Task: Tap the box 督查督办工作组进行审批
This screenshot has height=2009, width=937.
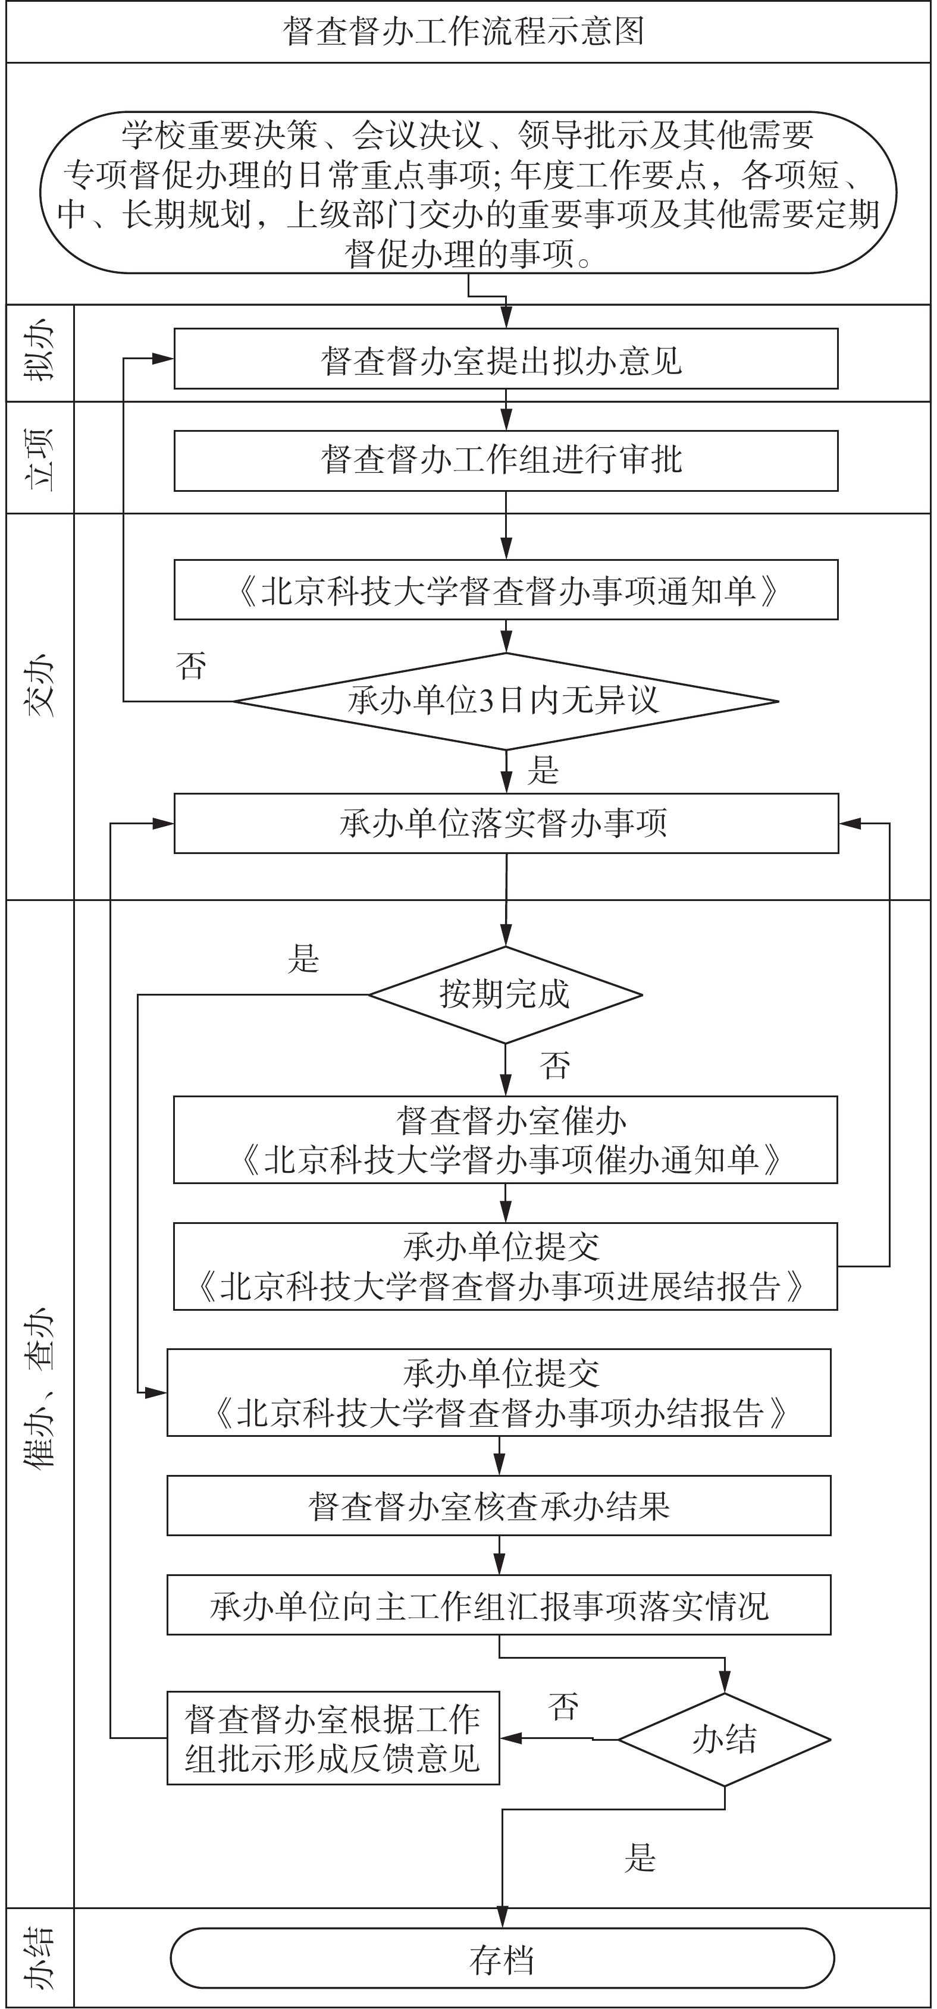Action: [x=506, y=460]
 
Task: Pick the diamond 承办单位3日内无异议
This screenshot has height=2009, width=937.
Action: [x=506, y=701]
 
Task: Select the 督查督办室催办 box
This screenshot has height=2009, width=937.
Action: [x=506, y=1140]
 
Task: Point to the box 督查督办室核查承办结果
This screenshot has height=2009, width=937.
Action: [x=499, y=1505]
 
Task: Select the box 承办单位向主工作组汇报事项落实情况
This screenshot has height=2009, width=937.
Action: [x=499, y=1605]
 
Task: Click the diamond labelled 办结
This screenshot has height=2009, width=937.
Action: [x=724, y=1738]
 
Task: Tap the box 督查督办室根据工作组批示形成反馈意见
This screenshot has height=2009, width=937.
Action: [x=333, y=1738]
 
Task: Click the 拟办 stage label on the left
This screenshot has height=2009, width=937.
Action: [x=40, y=353]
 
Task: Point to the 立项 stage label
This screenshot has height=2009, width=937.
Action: [x=40, y=458]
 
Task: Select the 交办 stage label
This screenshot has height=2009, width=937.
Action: [x=40, y=686]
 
